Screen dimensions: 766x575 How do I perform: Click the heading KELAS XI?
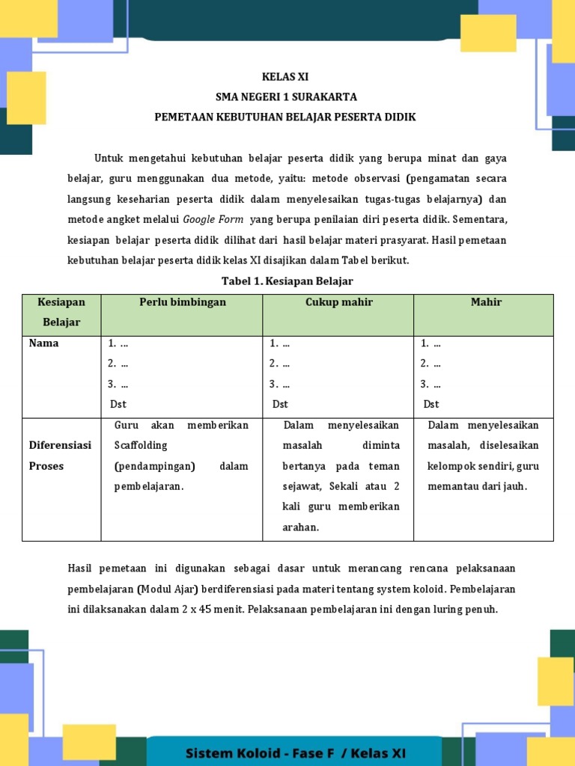[x=285, y=76]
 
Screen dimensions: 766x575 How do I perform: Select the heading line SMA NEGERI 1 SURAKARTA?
[x=286, y=96]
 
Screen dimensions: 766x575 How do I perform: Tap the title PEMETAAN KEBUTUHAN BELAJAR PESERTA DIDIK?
[x=285, y=117]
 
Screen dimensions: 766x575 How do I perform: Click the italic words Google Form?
[x=213, y=219]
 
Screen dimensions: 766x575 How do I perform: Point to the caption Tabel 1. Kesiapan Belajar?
[x=287, y=281]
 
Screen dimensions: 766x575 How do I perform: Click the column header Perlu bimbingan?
[x=182, y=302]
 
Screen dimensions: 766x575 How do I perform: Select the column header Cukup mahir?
[x=338, y=302]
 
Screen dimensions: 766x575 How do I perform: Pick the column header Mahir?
[x=486, y=302]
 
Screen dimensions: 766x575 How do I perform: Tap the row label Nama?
[x=43, y=343]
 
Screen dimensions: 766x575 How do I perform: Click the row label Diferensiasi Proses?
[x=60, y=456]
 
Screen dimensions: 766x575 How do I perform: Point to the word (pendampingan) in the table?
[x=154, y=466]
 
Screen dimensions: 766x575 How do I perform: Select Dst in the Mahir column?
[x=431, y=404]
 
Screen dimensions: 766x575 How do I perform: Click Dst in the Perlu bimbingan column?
[x=118, y=404]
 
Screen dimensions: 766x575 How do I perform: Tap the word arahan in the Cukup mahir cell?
[x=301, y=527]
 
